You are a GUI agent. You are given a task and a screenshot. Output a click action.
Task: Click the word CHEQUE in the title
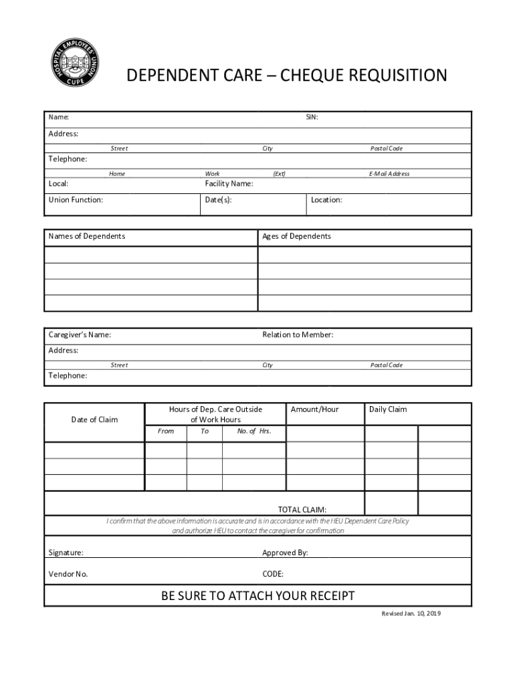coord(318,76)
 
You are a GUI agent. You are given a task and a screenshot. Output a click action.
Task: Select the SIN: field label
coord(312,118)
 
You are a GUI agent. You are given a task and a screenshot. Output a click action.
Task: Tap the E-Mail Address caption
coord(389,174)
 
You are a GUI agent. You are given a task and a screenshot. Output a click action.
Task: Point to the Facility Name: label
coord(229,184)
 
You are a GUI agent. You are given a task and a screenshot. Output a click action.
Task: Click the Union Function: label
coord(76,200)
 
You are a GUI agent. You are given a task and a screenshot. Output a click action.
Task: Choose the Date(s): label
coord(218,200)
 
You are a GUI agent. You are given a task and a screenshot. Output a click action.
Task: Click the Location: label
coord(326,200)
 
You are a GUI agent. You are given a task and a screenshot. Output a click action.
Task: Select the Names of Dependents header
coord(86,237)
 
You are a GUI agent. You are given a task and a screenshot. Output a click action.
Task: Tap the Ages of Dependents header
coord(296,237)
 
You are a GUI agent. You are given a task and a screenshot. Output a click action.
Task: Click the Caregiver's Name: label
coord(80,335)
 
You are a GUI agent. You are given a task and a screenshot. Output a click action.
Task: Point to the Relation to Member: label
coord(298,335)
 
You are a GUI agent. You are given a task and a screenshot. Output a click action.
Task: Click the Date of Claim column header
coord(94,420)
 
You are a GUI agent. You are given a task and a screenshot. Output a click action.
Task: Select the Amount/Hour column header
coord(314,409)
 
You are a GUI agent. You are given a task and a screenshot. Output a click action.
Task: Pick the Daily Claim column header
coord(387,409)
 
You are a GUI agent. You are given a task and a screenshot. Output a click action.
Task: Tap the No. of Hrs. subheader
coord(254,431)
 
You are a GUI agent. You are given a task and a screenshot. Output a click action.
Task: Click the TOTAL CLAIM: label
coord(302,510)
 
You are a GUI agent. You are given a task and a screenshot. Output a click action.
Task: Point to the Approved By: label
coord(285,553)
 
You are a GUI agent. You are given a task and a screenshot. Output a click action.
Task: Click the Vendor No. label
coord(68,574)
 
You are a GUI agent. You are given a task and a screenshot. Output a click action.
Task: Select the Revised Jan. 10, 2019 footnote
coord(411,613)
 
